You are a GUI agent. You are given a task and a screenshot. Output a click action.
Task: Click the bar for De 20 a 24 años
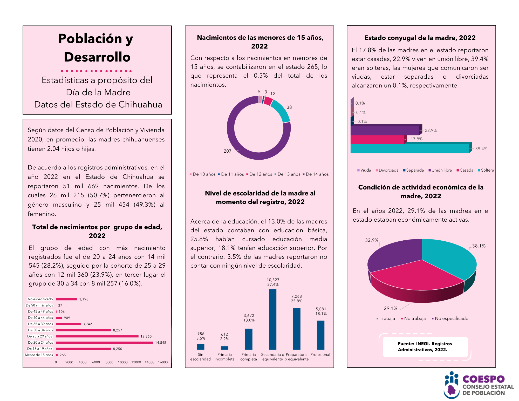[104, 343]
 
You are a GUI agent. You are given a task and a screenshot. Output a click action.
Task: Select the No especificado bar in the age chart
[66, 299]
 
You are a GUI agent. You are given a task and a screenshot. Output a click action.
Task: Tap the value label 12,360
[146, 336]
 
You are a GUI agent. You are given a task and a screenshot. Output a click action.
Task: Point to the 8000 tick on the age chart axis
[109, 362]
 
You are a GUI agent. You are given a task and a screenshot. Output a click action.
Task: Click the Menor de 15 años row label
[39, 355]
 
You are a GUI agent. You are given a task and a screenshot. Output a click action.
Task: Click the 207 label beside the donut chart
[227, 151]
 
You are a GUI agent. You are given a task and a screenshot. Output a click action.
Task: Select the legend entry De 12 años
[261, 174]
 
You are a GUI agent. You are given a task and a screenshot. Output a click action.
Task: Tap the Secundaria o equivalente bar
[272, 319]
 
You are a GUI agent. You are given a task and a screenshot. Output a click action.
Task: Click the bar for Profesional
[320, 335]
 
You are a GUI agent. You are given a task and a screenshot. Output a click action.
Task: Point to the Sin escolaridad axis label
[200, 357]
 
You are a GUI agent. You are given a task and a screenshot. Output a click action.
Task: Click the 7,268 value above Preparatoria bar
[296, 296]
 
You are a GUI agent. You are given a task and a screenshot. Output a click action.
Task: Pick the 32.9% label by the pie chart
[372, 240]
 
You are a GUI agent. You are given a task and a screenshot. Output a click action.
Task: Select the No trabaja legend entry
[415, 318]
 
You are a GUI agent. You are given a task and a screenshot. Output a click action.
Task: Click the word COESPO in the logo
[483, 379]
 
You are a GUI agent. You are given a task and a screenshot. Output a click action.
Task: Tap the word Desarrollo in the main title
[97, 57]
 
